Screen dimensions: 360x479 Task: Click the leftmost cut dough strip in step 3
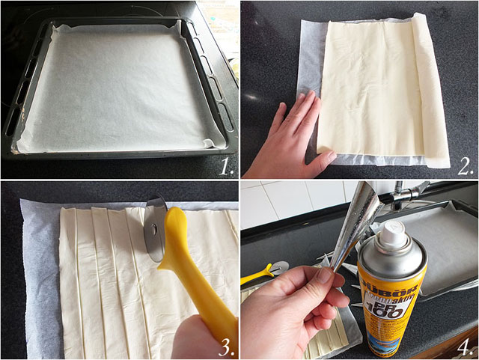click(x=69, y=284)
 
